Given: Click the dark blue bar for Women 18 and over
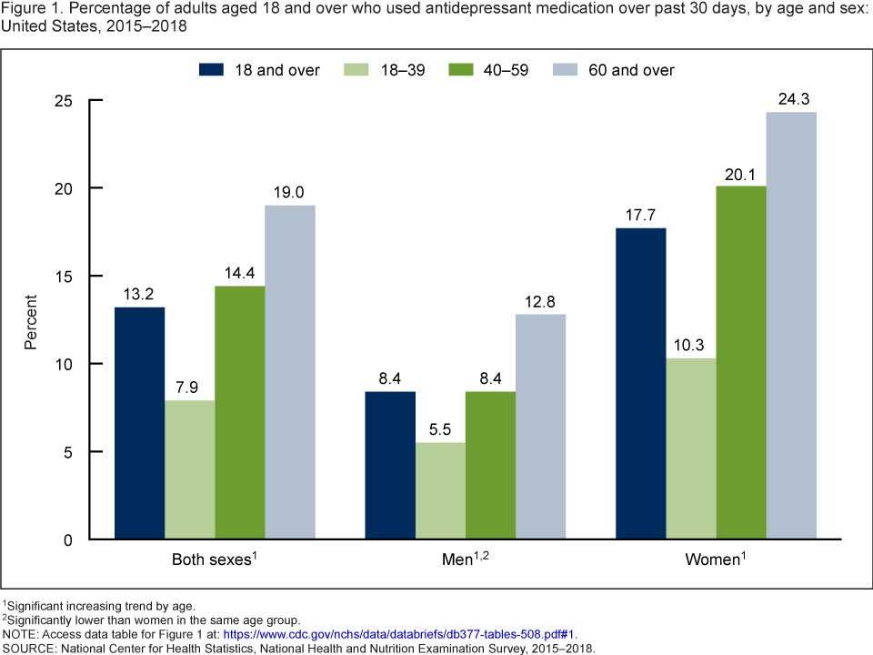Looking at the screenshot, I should click(x=640, y=383).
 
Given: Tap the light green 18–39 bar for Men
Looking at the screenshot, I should click(x=440, y=490).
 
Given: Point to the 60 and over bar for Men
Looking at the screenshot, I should click(x=540, y=427).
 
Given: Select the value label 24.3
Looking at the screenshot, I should click(x=790, y=99).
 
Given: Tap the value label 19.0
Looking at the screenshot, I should click(x=290, y=192).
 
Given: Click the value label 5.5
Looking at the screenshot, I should click(x=440, y=429).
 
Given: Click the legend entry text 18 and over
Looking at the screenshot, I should click(x=276, y=70).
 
